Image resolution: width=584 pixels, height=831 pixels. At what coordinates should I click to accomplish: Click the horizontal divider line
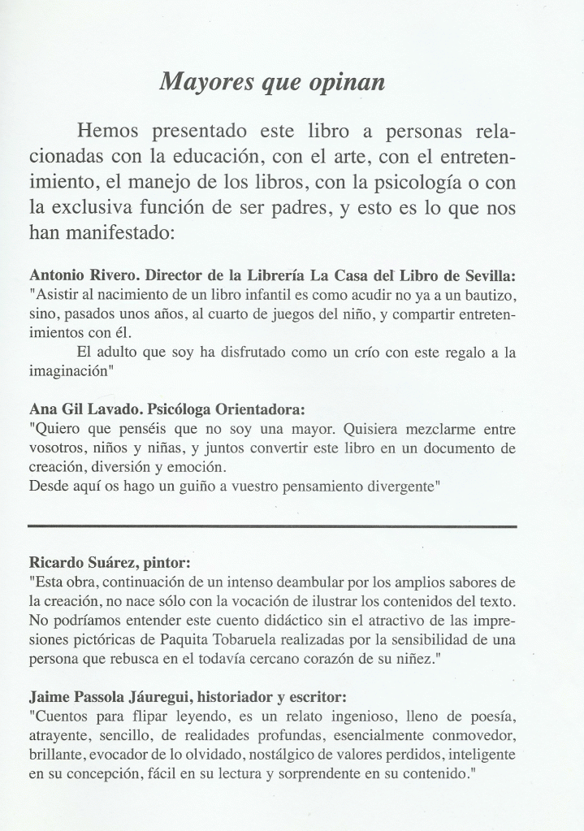click(272, 526)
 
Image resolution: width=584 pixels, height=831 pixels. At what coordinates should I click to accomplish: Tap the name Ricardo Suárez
click(80, 561)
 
